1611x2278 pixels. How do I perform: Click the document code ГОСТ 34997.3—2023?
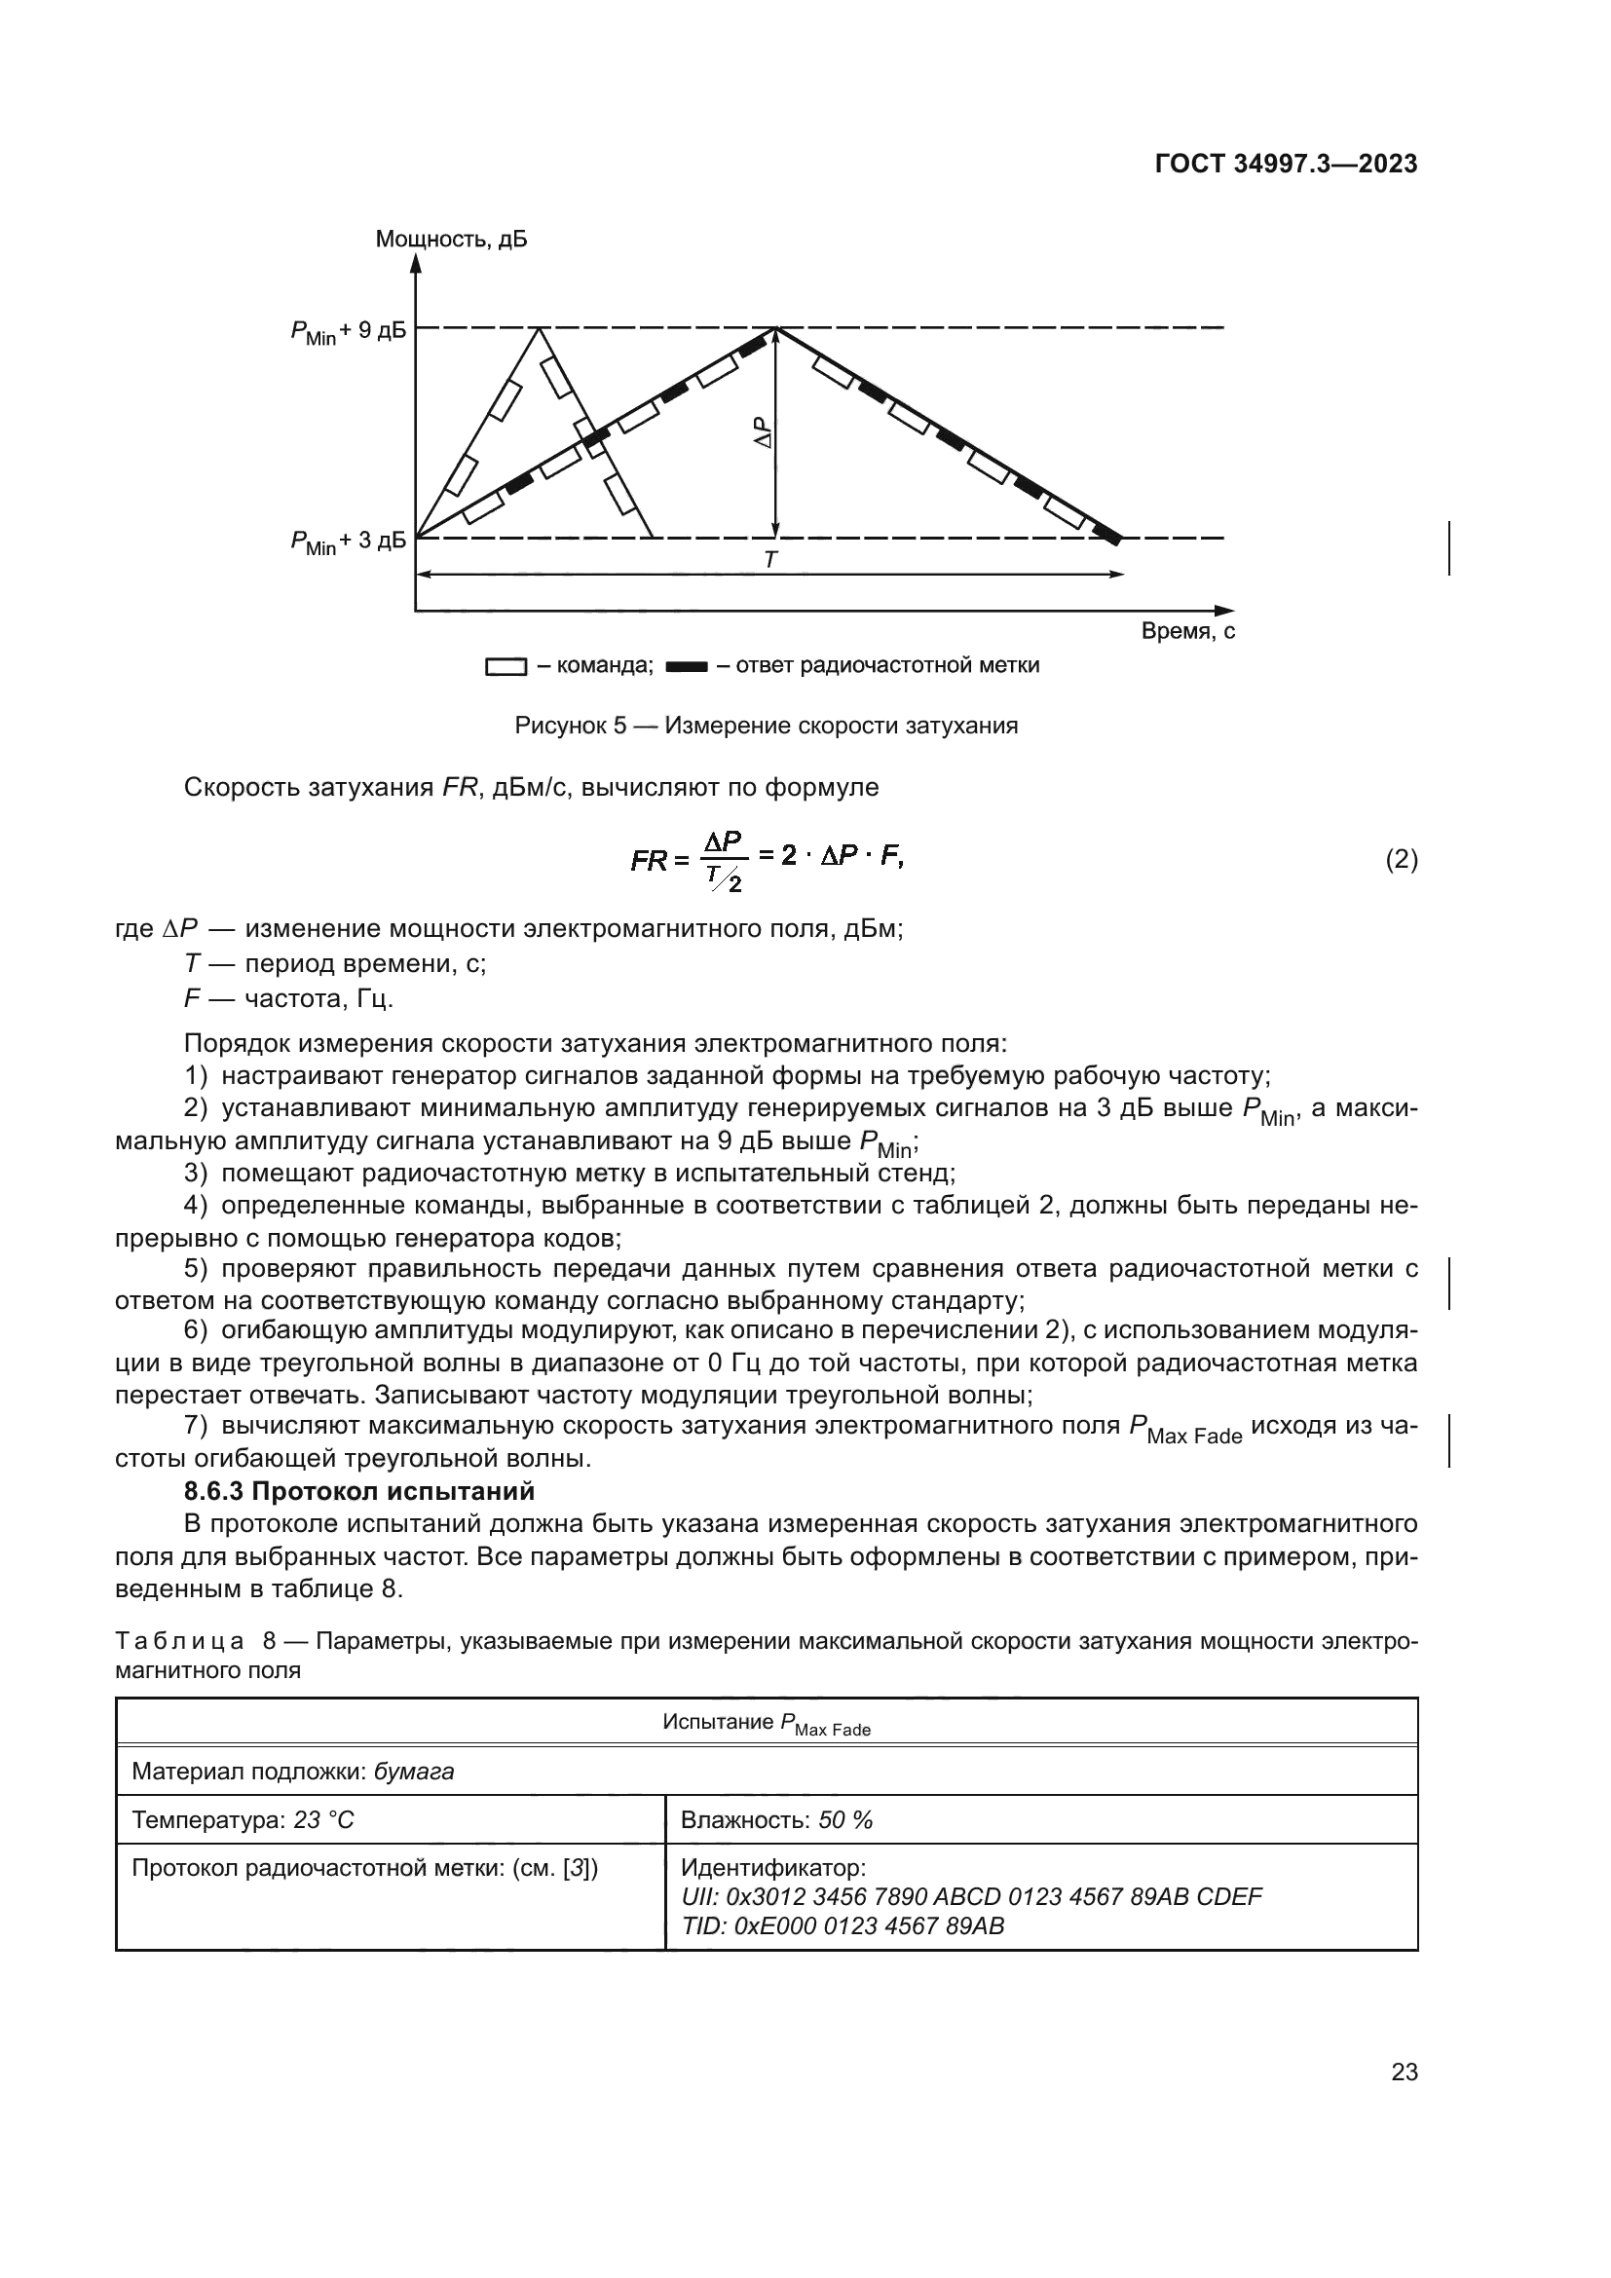click(x=1286, y=164)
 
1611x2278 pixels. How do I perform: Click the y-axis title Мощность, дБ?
click(x=450, y=240)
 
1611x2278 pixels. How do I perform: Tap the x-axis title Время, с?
click(x=1187, y=631)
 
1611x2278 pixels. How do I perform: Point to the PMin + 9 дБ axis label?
click(x=348, y=331)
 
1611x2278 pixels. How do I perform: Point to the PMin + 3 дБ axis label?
click(x=348, y=541)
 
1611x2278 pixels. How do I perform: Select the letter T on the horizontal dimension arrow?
click(x=769, y=561)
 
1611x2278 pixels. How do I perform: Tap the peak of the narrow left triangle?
click(x=539, y=328)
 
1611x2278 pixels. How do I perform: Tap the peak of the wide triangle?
click(x=775, y=328)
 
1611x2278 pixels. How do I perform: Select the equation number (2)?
click(x=1401, y=859)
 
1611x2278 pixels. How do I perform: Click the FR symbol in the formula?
click(x=649, y=861)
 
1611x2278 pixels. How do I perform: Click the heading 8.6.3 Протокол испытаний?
click(x=359, y=1491)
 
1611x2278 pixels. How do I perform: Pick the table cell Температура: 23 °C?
click(x=244, y=1819)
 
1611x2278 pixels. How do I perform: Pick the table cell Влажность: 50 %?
click(x=775, y=1819)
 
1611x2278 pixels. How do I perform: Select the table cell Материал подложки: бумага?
click(x=292, y=1771)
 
